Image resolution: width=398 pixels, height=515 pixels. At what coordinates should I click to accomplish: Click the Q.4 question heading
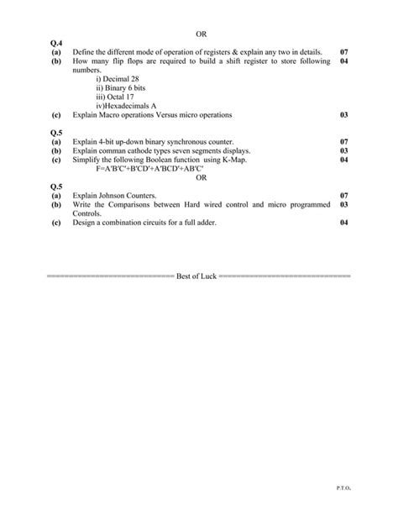tap(57, 44)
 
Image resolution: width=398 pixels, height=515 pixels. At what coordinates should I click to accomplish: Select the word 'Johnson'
tap(117, 196)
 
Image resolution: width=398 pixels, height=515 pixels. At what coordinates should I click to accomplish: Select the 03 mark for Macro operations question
tap(343, 114)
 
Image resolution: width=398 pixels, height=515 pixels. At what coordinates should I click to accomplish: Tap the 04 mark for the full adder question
tap(343, 223)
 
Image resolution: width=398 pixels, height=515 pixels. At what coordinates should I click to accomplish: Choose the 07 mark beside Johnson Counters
tap(343, 196)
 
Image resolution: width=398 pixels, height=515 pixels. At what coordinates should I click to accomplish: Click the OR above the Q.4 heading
tap(200, 34)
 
